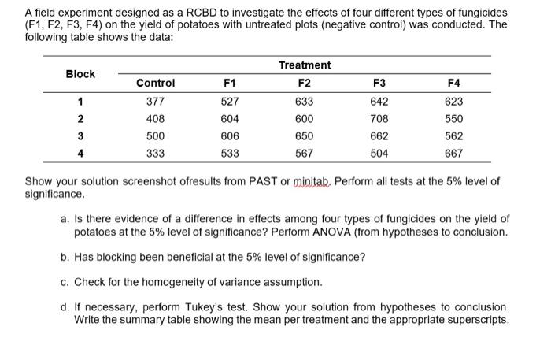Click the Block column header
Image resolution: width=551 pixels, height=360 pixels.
coord(80,74)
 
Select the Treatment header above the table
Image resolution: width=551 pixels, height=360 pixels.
coord(305,65)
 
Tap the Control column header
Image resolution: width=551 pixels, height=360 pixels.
coord(156,83)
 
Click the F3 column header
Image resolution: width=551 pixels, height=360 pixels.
coord(380,83)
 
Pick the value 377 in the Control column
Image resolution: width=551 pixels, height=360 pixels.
coord(156,101)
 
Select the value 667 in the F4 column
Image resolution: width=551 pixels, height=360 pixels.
coord(454,154)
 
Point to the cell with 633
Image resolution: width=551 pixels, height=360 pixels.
coord(305,101)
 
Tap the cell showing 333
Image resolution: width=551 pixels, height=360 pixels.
coord(156,154)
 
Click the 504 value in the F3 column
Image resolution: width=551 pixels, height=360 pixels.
coord(380,154)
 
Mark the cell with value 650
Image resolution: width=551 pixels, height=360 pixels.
coord(305,135)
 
